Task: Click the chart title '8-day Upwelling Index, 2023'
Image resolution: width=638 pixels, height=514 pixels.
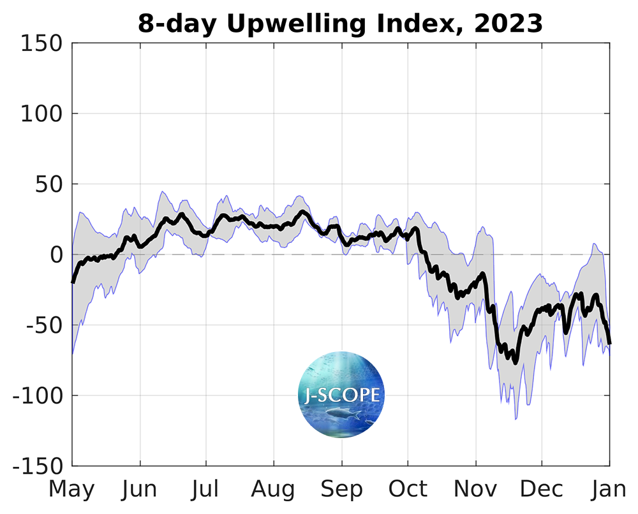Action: (x=340, y=24)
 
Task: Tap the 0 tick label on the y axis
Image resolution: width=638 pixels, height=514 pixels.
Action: (x=56, y=255)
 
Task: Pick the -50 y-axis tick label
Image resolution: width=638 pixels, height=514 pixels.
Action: (x=43, y=326)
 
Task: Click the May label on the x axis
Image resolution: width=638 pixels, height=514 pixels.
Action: (x=72, y=489)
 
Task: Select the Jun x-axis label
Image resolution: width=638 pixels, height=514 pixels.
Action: (x=139, y=489)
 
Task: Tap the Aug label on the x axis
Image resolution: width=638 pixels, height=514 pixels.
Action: (x=274, y=489)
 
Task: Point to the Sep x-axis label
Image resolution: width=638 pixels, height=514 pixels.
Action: (x=341, y=489)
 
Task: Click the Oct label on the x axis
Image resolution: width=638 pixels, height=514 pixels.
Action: (x=408, y=489)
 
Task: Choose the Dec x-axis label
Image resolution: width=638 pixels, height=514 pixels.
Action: (x=542, y=489)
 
